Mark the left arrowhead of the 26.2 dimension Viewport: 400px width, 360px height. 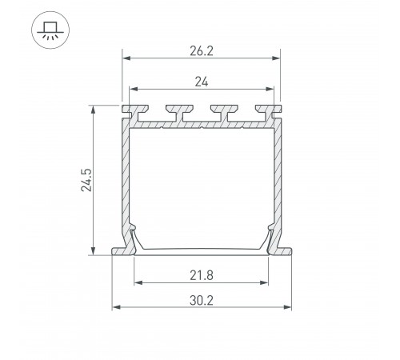pyautogui.click(x=126, y=57)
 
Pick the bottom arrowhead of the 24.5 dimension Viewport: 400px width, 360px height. pyautogui.click(x=96, y=250)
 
